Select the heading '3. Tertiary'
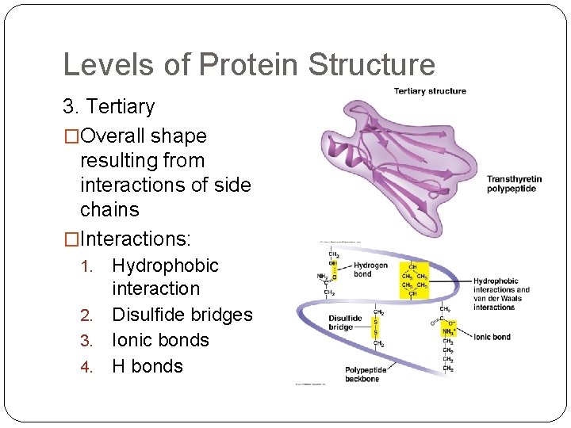(x=109, y=106)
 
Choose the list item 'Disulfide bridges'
(x=182, y=315)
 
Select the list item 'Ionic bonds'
(x=160, y=340)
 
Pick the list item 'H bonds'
(x=148, y=366)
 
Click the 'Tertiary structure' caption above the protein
(x=430, y=91)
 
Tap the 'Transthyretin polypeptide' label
(x=514, y=184)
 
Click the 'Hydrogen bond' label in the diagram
(x=370, y=269)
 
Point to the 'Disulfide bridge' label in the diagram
(x=346, y=323)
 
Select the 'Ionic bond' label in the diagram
(x=492, y=337)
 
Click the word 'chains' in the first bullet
(x=109, y=210)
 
